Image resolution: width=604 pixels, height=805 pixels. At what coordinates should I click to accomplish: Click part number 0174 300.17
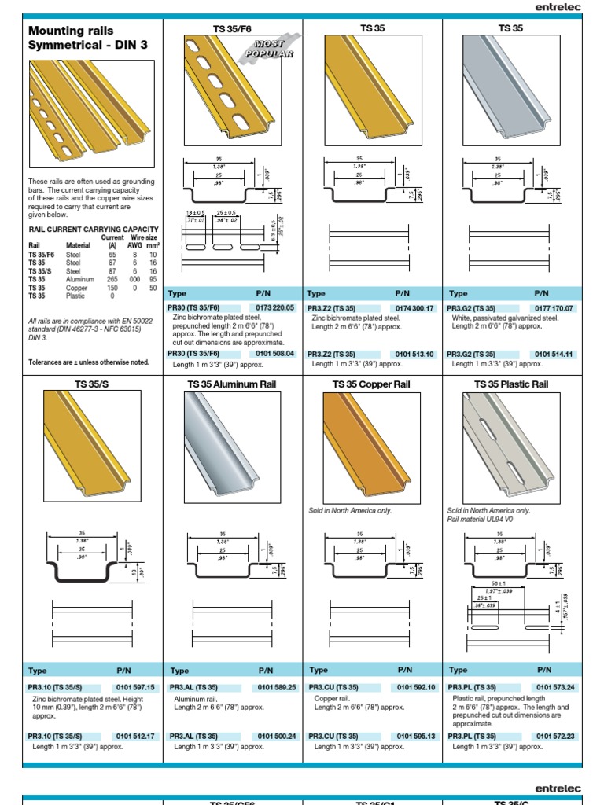413,308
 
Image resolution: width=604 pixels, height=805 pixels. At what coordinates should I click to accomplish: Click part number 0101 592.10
414,687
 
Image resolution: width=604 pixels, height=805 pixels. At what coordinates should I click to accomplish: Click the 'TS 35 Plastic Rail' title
510,384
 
